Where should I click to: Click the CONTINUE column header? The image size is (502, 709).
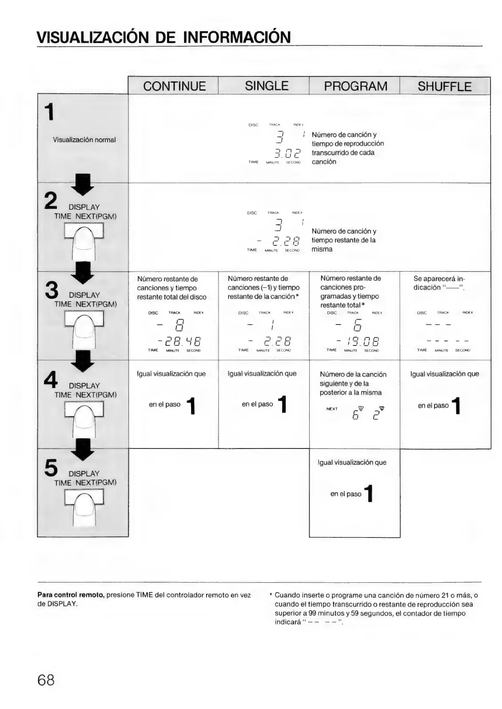pos(174,86)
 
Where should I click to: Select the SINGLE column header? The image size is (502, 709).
pos(267,86)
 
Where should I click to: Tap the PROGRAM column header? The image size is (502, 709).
pos(355,86)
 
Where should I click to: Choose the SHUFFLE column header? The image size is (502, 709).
pos(444,86)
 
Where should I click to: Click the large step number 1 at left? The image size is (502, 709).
pos(51,112)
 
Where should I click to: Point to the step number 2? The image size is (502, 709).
pos(51,200)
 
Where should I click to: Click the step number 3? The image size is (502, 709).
pos(52,290)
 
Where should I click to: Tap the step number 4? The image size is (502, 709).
pos(51,379)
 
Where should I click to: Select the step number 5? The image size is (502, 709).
pos(51,467)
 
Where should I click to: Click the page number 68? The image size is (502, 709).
pos(46,680)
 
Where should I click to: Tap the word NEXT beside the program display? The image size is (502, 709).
pos(332,409)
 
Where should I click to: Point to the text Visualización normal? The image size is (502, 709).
pos(84,140)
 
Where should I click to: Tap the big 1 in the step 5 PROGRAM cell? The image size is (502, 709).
pos(368,494)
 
